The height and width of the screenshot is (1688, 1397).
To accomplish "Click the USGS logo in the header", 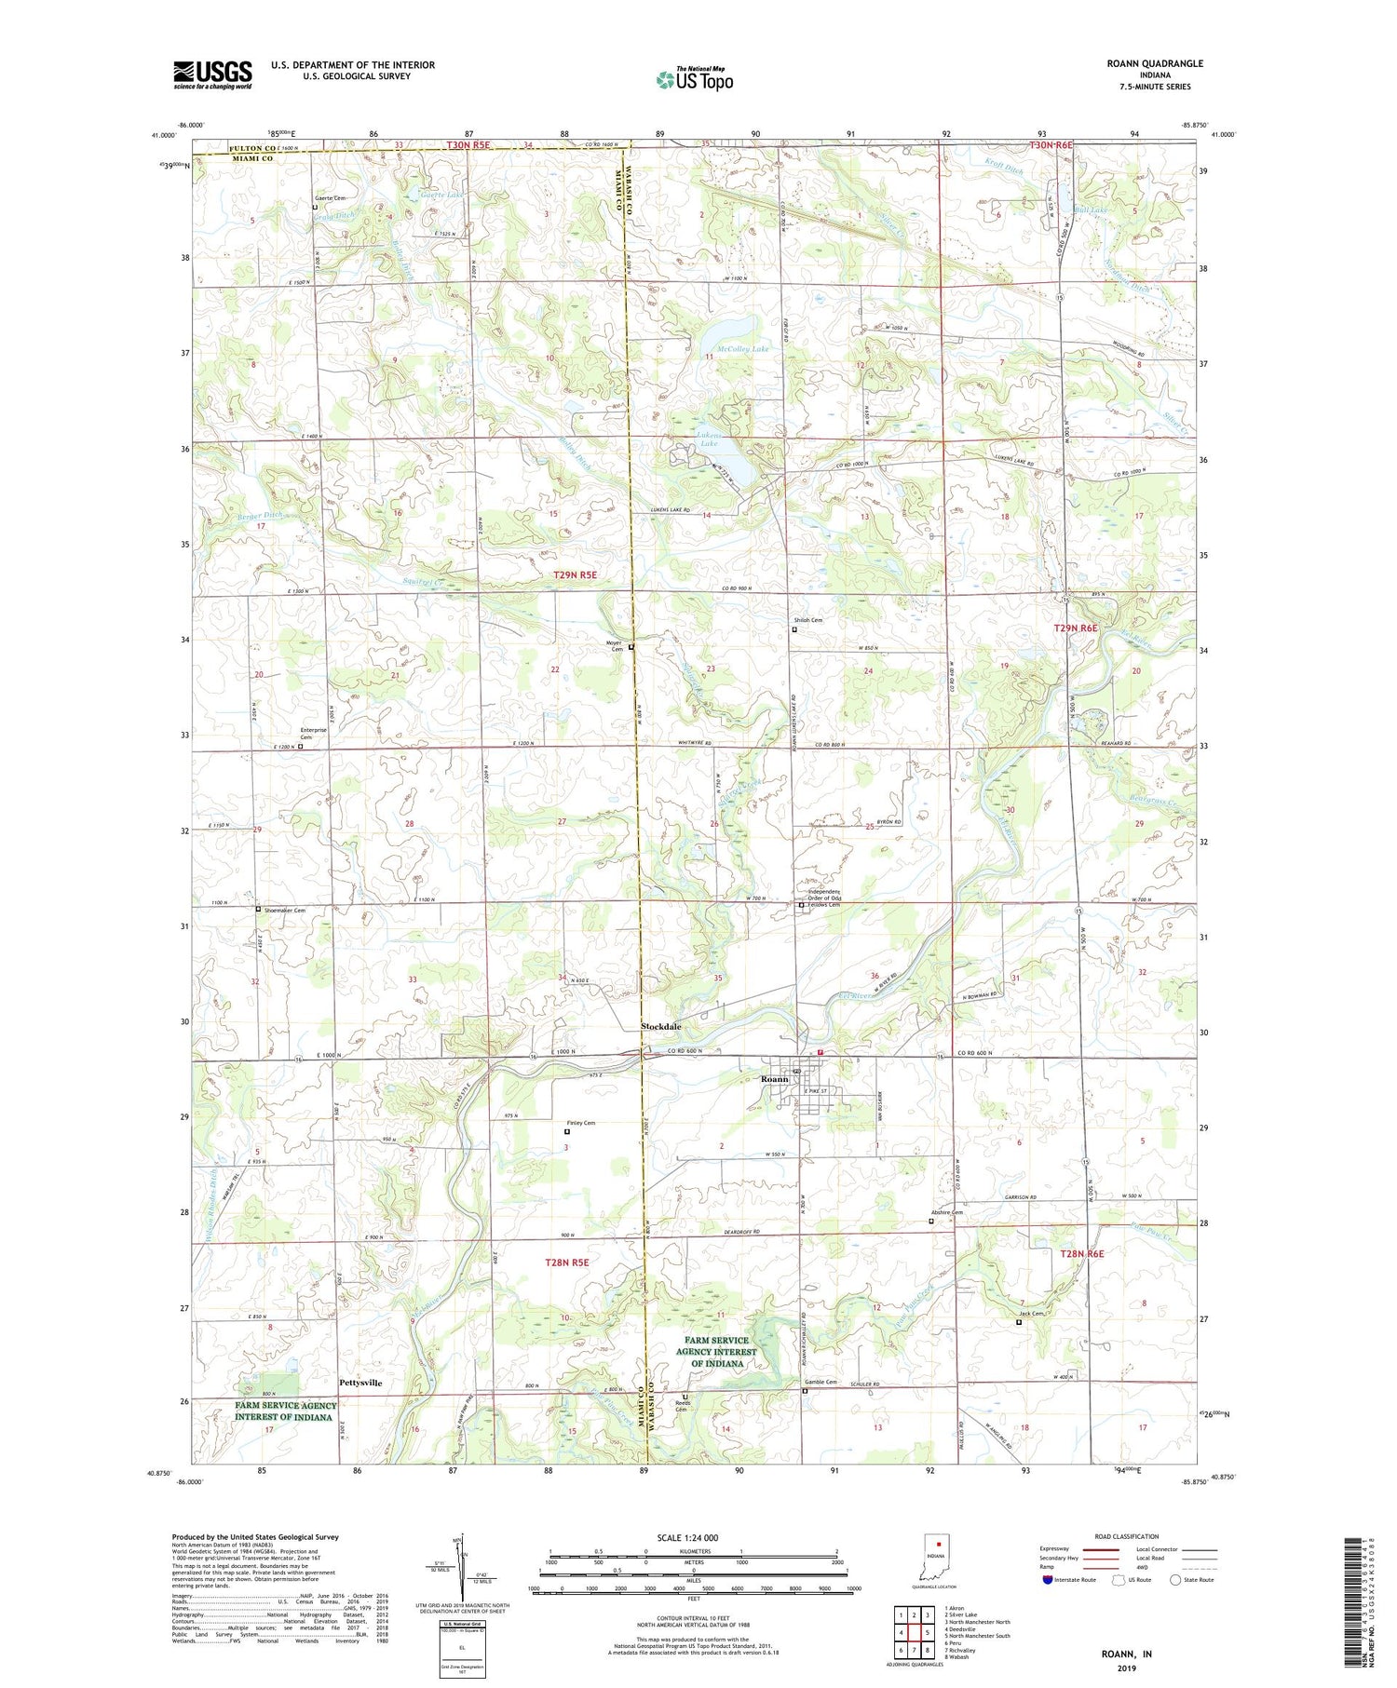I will point(212,74).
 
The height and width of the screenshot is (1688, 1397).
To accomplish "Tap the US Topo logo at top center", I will point(694,80).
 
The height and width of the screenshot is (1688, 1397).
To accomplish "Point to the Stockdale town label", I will point(661,1026).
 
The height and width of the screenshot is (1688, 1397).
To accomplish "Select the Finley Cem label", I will point(581,1123).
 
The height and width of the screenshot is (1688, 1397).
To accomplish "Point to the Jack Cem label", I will point(1032,1314).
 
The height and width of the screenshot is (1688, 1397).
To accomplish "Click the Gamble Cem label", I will point(821,1382).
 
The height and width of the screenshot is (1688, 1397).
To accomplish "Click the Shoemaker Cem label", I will point(284,910).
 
